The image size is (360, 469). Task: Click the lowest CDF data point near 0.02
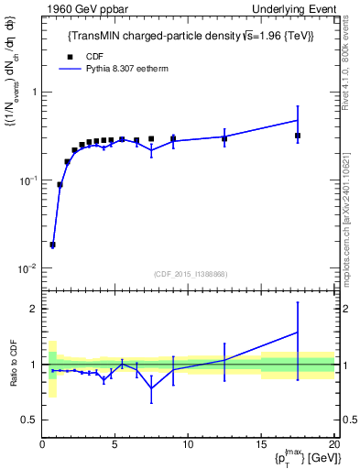(53, 245)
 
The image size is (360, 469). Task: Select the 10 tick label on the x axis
(188, 444)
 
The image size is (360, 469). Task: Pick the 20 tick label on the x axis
(333, 444)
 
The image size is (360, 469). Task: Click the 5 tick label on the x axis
(115, 444)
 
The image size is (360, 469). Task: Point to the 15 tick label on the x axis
(261, 444)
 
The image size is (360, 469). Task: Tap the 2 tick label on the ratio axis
(34, 309)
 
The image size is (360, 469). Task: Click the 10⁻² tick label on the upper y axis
(27, 268)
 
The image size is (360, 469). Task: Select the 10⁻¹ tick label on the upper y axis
(27, 180)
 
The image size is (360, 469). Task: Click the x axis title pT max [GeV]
(301, 458)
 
